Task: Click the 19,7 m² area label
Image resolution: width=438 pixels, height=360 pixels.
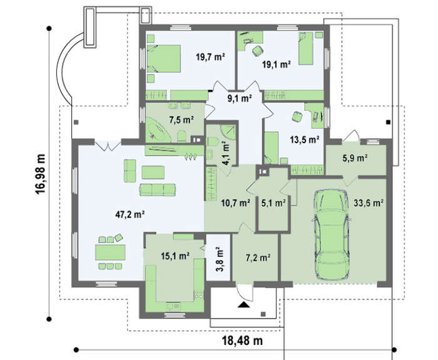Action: coord(210,57)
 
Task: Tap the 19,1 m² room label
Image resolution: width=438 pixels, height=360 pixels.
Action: coord(277,64)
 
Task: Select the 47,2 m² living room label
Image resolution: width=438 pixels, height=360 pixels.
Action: coord(130,214)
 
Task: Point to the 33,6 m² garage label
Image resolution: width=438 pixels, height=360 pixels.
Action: coord(369,202)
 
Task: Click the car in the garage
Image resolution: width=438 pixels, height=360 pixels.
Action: coord(331,234)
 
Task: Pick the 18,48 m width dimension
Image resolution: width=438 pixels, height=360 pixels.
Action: coord(242,341)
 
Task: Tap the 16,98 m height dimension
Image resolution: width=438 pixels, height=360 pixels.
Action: coord(40,174)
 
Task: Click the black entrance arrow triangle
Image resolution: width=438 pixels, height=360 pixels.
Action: coord(244,304)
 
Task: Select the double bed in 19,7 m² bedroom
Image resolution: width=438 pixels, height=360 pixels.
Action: coord(164,59)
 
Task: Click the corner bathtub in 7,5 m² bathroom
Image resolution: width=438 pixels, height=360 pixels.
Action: coord(158,130)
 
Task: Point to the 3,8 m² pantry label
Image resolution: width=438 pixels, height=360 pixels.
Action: coord(220,259)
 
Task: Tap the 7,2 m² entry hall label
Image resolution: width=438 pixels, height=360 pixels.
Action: coord(258,257)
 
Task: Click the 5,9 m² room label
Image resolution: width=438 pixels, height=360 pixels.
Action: coord(355,158)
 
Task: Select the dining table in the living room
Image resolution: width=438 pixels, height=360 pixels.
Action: coord(110,252)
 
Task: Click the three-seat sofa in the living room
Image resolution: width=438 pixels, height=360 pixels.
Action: coord(157,189)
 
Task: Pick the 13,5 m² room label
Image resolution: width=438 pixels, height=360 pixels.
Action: coord(305,139)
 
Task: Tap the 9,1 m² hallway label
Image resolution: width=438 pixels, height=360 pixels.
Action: coord(240,98)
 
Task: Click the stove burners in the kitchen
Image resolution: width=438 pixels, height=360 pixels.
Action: coord(200,294)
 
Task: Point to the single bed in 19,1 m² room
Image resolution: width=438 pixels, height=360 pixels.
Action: coord(306,49)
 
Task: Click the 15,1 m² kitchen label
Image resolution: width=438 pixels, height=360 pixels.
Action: coord(175,256)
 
